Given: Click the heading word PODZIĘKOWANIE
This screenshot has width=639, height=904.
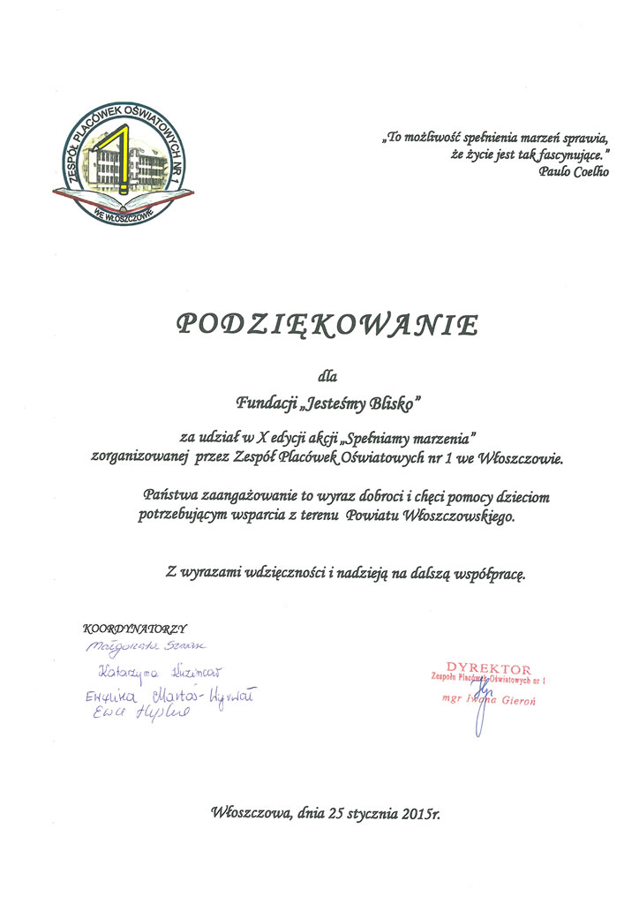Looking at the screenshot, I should pyautogui.click(x=327, y=325).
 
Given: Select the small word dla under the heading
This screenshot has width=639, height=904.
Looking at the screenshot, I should pyautogui.click(x=327, y=377).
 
